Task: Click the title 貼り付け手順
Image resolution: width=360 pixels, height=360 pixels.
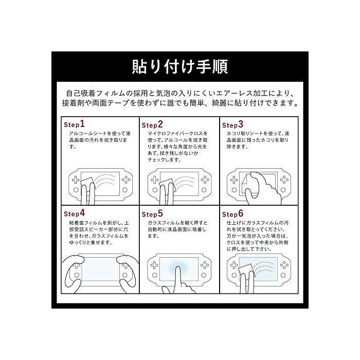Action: pyautogui.click(x=180, y=66)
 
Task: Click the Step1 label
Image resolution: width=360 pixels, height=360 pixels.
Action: pyautogui.click(x=74, y=124)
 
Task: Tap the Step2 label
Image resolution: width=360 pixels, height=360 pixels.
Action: pyautogui.click(x=152, y=124)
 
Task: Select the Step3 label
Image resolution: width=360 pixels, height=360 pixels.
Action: pyautogui.click(x=232, y=124)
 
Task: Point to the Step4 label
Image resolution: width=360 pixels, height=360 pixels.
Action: pyautogui.click(x=75, y=213)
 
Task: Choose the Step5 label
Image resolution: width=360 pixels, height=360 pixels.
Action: pyautogui.click(x=152, y=214)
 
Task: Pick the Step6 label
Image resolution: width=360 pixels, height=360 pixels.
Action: pyautogui.click(x=232, y=214)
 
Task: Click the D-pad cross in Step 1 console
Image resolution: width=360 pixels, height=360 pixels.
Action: pyautogui.click(x=76, y=180)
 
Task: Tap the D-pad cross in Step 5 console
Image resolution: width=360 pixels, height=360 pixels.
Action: pyautogui.click(x=154, y=265)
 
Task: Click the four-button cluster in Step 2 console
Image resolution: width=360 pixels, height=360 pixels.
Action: pyautogui.click(x=205, y=180)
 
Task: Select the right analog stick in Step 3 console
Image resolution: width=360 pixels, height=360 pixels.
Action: pyautogui.click(x=283, y=190)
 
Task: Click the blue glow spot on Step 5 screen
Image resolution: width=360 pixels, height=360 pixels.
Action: pyautogui.click(x=178, y=267)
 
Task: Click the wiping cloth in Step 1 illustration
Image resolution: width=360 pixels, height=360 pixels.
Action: pyautogui.click(x=88, y=183)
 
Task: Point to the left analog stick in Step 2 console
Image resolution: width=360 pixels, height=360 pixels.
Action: pyautogui.click(x=155, y=190)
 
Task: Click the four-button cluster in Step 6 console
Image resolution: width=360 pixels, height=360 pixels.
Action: pyautogui.click(x=284, y=265)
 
